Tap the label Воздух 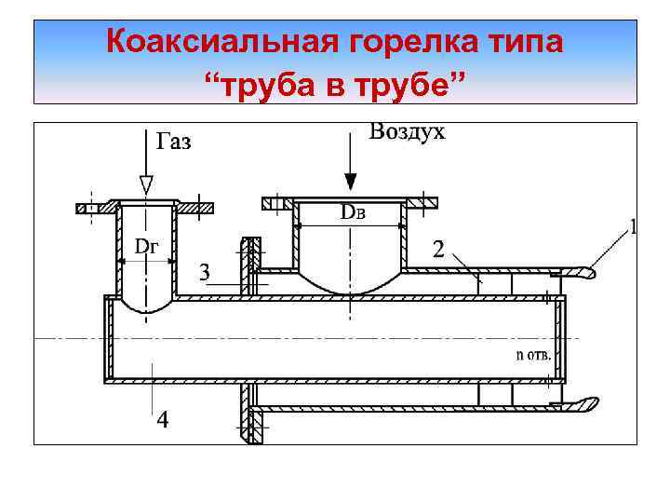coord(407,131)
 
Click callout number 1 coord(634,226)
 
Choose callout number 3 coord(206,272)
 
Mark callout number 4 coord(163,420)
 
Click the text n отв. coord(533,354)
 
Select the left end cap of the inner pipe coord(107,340)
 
